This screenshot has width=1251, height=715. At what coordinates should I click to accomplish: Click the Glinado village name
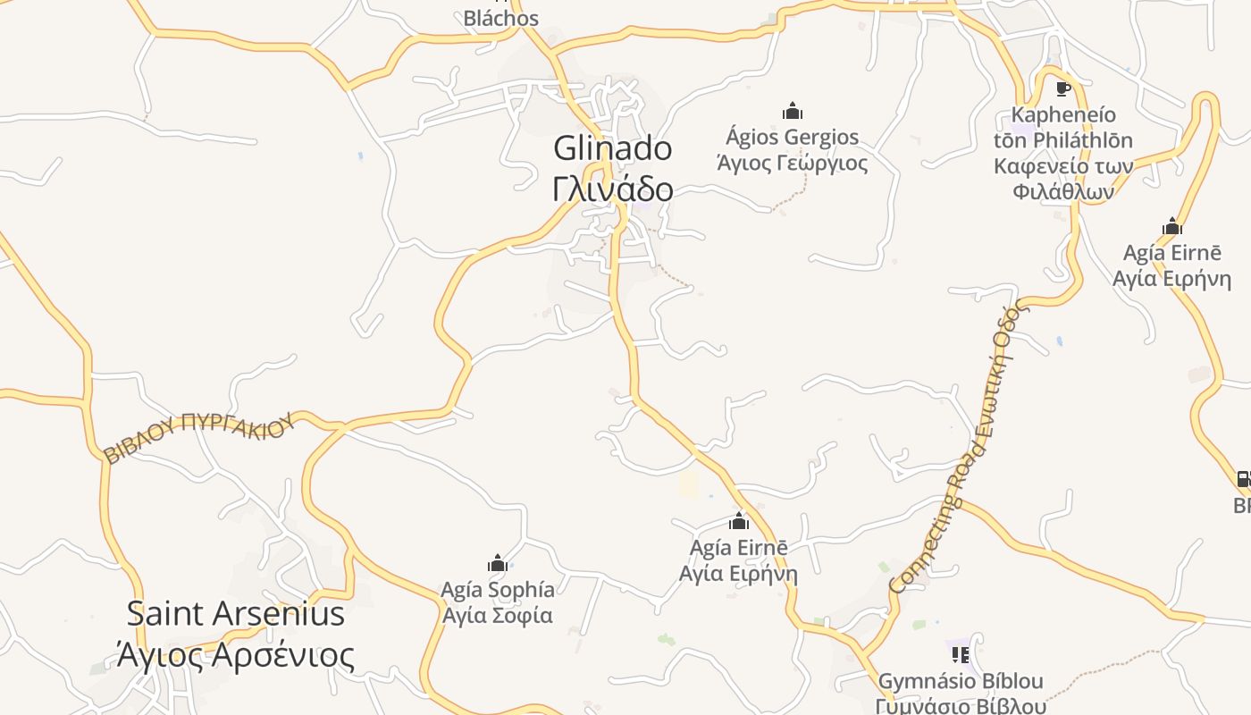coord(612,148)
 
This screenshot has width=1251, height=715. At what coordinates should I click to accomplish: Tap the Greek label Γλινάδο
coord(612,189)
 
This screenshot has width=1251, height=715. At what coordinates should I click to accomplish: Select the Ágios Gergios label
coord(792,138)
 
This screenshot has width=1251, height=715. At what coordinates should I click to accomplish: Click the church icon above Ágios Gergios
coord(792,111)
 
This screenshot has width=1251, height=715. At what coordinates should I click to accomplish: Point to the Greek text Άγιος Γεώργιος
coord(792,163)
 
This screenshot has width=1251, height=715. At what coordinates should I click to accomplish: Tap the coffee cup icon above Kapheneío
coord(1062,88)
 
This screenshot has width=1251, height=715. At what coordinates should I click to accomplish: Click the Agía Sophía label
coord(498,590)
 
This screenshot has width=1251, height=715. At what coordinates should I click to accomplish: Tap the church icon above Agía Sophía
coord(498,563)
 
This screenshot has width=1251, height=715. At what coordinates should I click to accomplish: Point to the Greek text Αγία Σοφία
coord(498,615)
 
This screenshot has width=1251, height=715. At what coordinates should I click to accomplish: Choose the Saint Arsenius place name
coord(235,614)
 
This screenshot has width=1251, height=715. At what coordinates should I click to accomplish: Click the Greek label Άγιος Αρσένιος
coord(235,655)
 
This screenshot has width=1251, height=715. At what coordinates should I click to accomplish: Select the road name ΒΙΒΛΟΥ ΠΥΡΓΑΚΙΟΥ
coord(198,436)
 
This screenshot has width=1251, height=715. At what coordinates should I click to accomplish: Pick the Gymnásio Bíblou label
coord(961,682)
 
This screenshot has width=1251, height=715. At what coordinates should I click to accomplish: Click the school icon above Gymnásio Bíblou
coord(961,655)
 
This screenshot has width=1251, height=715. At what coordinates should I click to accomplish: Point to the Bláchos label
coord(500,18)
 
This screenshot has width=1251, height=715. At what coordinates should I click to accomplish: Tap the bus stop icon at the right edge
coord(1243,479)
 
